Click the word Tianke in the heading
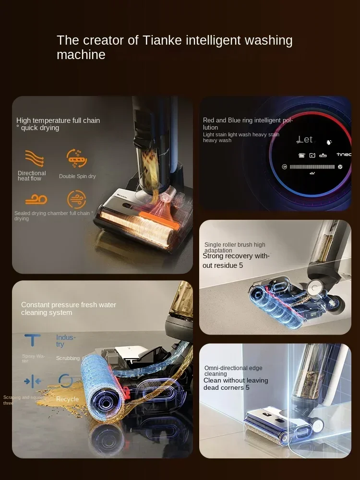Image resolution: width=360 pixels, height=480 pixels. pyautogui.click(x=162, y=40)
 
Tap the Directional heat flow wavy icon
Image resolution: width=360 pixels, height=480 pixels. pyautogui.click(x=35, y=158)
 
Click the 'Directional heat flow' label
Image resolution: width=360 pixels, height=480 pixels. pyautogui.click(x=32, y=176)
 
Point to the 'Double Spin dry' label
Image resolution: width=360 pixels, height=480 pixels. pyautogui.click(x=77, y=176)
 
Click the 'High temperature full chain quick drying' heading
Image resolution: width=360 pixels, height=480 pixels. pyautogui.click(x=58, y=124)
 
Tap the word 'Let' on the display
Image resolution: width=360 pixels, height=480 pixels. pyautogui.click(x=305, y=139)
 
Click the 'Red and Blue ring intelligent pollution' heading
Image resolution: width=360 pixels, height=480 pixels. pyautogui.click(x=248, y=124)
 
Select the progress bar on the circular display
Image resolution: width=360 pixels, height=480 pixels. pyautogui.click(x=312, y=167)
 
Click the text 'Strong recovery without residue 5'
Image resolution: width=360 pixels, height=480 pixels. pyautogui.click(x=236, y=261)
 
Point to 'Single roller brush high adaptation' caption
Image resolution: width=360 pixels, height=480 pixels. pyautogui.click(x=235, y=247)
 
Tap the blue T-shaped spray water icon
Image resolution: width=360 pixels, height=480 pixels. pyautogui.click(x=33, y=340)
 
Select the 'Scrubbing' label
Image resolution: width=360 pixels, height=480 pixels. pyautogui.click(x=68, y=358)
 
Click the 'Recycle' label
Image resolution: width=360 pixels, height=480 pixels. pyautogui.click(x=67, y=399)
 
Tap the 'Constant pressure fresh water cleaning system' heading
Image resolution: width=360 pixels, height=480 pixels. pyautogui.click(x=69, y=309)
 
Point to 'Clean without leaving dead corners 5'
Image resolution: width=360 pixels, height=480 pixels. pyautogui.click(x=236, y=384)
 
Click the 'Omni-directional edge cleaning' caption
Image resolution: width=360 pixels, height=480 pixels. pyautogui.click(x=234, y=371)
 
